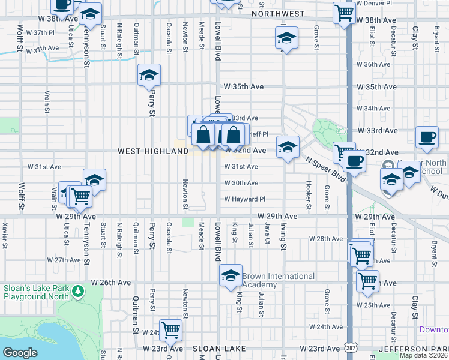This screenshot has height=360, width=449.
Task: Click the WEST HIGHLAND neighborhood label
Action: pyautogui.click(x=153, y=152)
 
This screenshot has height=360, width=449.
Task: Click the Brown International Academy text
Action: pyautogui.click(x=278, y=280)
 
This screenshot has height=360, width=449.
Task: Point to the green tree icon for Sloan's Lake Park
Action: pyautogui.click(x=77, y=291)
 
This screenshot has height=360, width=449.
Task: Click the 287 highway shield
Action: pyautogui.click(x=349, y=347)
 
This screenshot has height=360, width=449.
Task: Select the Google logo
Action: pyautogui.click(x=20, y=352)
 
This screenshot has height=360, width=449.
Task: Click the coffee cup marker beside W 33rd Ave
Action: pyautogui.click(x=427, y=137)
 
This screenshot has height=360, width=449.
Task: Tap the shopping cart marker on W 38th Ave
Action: pyautogui.click(x=344, y=13)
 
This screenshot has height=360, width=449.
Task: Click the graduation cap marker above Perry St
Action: pyautogui.click(x=149, y=75)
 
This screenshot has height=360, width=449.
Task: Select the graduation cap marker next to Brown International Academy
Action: pyautogui.click(x=231, y=275)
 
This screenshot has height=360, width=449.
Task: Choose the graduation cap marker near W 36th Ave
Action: pyautogui.click(x=286, y=38)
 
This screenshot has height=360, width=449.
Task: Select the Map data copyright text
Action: pyautogui.click(x=424, y=355)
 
